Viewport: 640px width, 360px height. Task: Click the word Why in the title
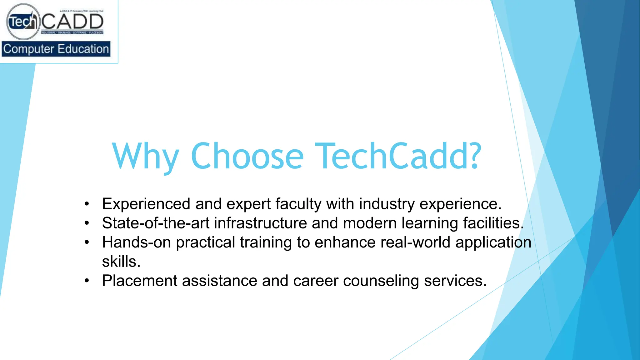(146, 156)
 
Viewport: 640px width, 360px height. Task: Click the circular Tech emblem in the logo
(23, 22)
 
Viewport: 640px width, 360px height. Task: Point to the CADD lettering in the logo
(72, 22)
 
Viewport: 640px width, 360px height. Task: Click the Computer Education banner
(56, 49)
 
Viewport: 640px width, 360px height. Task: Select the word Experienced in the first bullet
(146, 204)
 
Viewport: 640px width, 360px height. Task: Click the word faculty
(298, 204)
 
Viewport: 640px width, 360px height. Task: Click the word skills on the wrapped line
(121, 262)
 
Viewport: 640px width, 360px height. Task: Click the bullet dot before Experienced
(87, 204)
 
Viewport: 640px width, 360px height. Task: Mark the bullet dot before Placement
(87, 281)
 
